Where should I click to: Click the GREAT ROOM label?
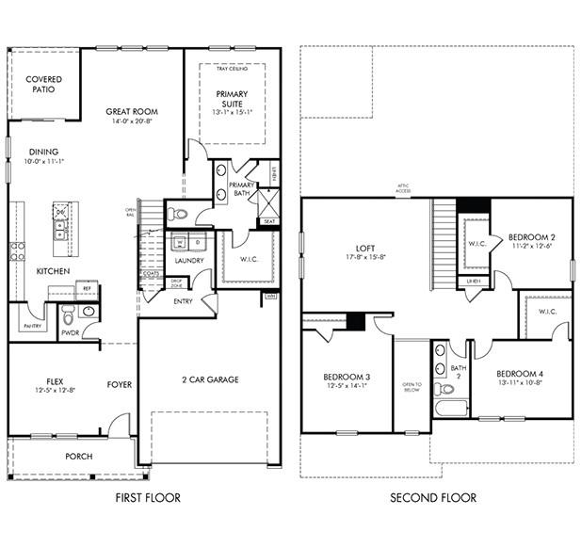tap(131, 112)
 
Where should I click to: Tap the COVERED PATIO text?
tap(44, 85)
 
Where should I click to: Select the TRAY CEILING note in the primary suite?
tap(233, 70)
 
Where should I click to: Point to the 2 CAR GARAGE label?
tap(210, 380)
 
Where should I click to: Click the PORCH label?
tap(78, 457)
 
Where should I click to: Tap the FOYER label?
tap(120, 384)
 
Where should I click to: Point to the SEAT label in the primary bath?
tap(269, 221)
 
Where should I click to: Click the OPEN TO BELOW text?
tap(412, 386)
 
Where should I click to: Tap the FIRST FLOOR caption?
tap(148, 497)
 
